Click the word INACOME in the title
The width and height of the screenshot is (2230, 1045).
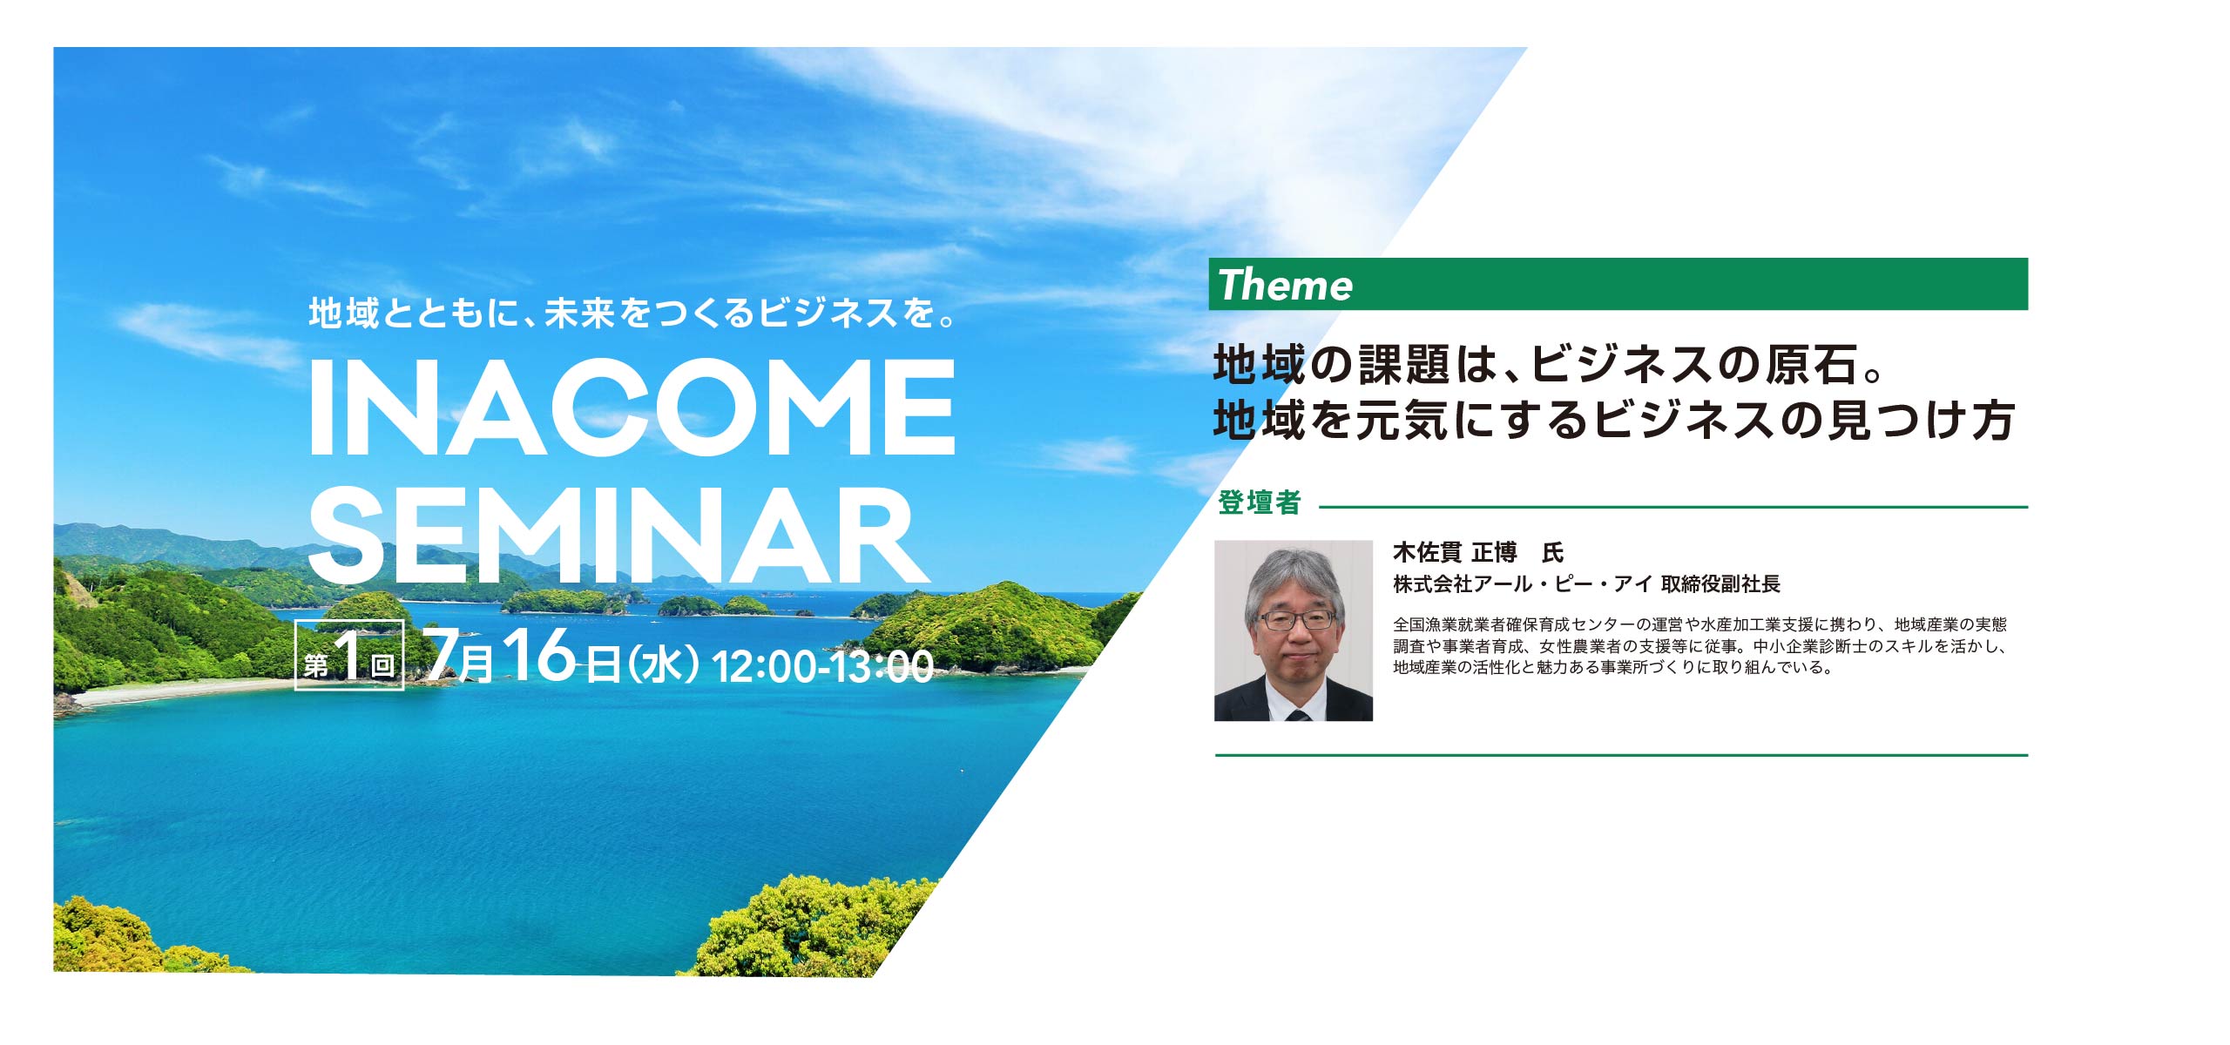pos(632,407)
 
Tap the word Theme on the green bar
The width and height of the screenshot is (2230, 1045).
pos(1285,285)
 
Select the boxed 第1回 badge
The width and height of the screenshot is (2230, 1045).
pos(349,654)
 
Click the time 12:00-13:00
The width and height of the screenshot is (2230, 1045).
pos(822,666)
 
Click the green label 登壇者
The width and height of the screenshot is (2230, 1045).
pos(1259,502)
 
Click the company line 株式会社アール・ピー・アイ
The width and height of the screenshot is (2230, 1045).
pos(1523,584)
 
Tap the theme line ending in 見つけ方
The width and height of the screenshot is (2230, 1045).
pos(1613,421)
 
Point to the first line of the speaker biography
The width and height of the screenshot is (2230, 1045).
pos(1700,624)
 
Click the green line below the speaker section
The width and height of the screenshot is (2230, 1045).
pos(1621,755)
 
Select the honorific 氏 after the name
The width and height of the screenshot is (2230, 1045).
pos(1552,552)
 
